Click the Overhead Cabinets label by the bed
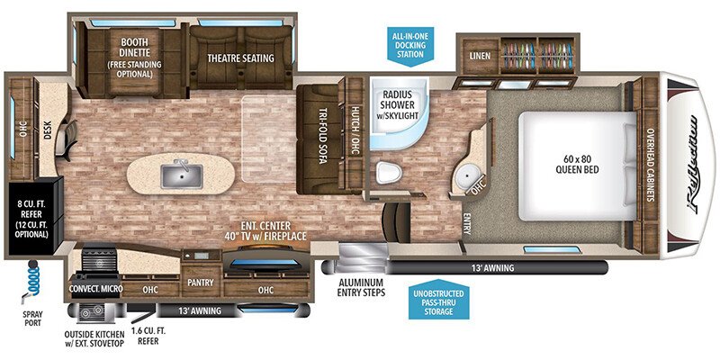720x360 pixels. click(x=649, y=162)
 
